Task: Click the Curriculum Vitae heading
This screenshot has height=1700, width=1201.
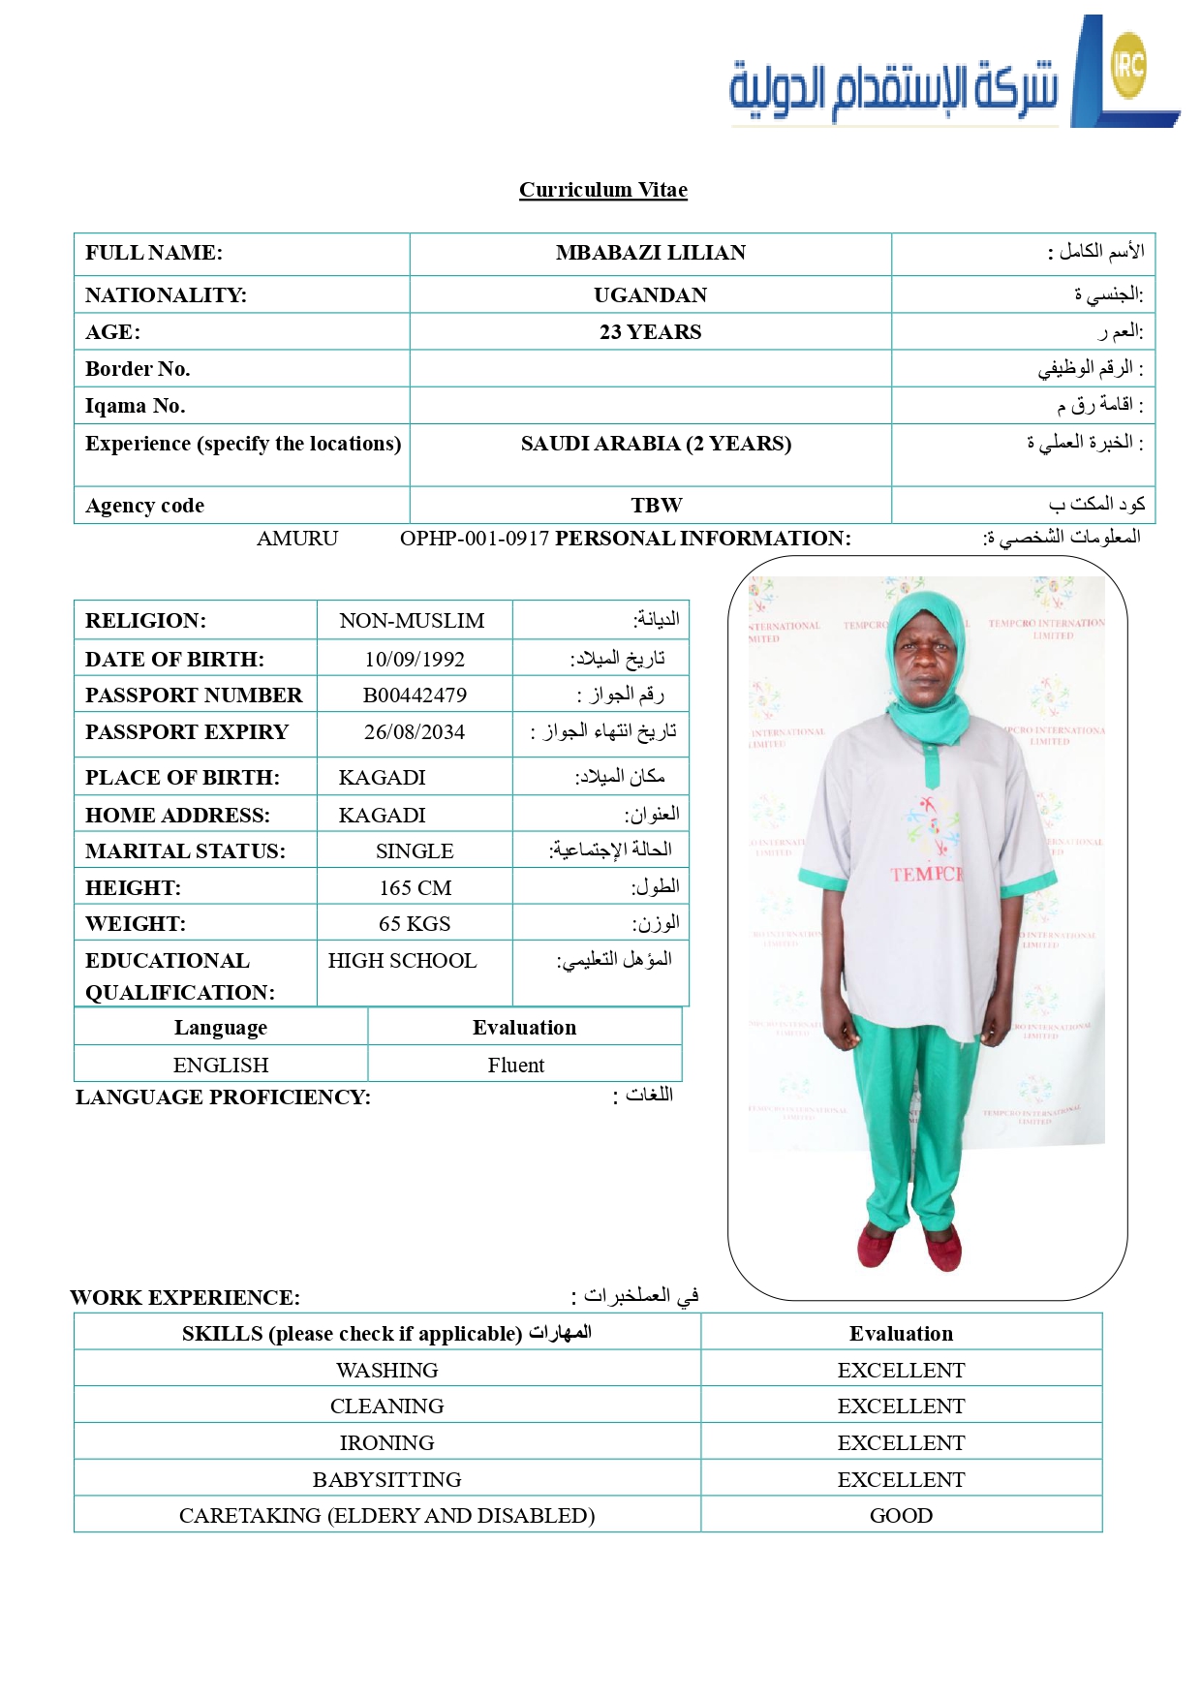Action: (602, 190)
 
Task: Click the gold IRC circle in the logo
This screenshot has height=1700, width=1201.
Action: (1128, 66)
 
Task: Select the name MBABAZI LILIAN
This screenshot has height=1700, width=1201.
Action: (650, 253)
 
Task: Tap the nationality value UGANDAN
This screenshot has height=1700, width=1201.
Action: (650, 295)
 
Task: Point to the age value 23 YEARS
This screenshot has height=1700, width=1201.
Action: (650, 332)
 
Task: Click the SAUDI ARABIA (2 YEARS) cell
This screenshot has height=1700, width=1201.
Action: (656, 444)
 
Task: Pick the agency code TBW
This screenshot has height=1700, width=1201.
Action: (656, 506)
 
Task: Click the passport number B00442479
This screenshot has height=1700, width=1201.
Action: (415, 695)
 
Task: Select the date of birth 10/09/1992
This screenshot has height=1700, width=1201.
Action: (415, 660)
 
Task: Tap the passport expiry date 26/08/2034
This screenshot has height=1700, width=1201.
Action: (415, 732)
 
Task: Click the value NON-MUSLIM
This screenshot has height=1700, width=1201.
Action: (412, 621)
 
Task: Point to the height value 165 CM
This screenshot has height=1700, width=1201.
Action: (415, 888)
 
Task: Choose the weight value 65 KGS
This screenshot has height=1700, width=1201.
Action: (415, 924)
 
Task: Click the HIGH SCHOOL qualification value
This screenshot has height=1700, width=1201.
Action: (402, 961)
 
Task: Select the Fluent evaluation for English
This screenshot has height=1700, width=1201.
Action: (515, 1066)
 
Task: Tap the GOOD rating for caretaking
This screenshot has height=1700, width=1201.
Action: (901, 1516)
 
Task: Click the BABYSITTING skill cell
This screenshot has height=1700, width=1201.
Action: (386, 1480)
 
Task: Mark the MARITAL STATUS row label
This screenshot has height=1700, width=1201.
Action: (185, 851)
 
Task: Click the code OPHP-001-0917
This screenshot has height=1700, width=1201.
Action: (475, 539)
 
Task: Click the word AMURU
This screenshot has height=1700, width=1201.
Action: (297, 539)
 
